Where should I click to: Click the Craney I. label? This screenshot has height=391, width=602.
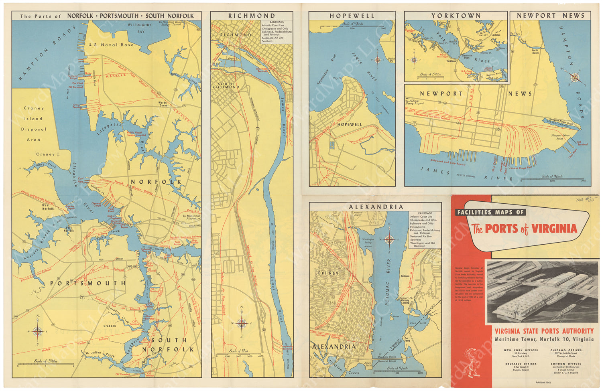tap(47, 154)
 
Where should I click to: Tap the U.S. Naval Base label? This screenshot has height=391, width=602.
tap(111, 45)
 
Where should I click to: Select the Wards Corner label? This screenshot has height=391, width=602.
tap(163, 104)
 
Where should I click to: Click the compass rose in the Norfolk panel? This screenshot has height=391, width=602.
tap(37, 331)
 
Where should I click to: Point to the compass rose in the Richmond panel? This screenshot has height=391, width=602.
tap(242, 323)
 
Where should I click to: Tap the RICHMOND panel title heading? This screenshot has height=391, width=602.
tap(252, 16)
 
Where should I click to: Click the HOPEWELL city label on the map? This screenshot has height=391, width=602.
tap(349, 124)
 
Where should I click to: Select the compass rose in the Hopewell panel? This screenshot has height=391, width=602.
tap(378, 61)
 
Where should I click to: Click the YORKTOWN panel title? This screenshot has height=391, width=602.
tap(456, 16)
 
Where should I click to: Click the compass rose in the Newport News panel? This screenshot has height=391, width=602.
tap(575, 77)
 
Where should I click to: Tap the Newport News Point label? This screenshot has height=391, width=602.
tap(560, 137)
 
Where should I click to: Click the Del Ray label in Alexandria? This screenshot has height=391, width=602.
tap(328, 273)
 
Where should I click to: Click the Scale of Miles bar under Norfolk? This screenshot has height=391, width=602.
tap(45, 365)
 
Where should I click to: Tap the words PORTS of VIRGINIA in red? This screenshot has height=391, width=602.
tap(531, 229)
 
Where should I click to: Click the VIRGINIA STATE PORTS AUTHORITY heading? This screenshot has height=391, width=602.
tap(544, 331)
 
